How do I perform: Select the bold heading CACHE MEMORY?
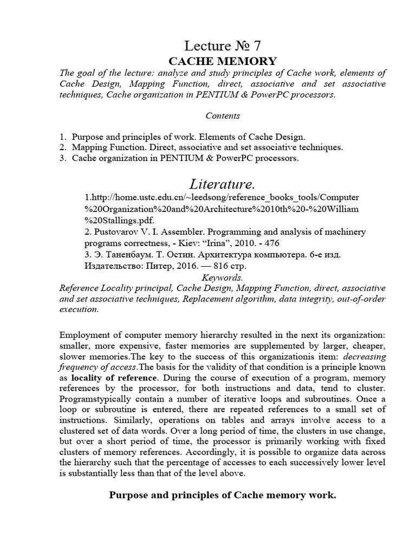tap(223, 61)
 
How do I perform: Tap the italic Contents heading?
tap(223, 115)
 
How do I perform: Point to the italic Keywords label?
tap(223, 277)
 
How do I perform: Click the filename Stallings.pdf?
tap(119, 220)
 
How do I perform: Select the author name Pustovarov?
tap(116, 232)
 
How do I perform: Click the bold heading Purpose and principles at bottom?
tap(223, 495)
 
